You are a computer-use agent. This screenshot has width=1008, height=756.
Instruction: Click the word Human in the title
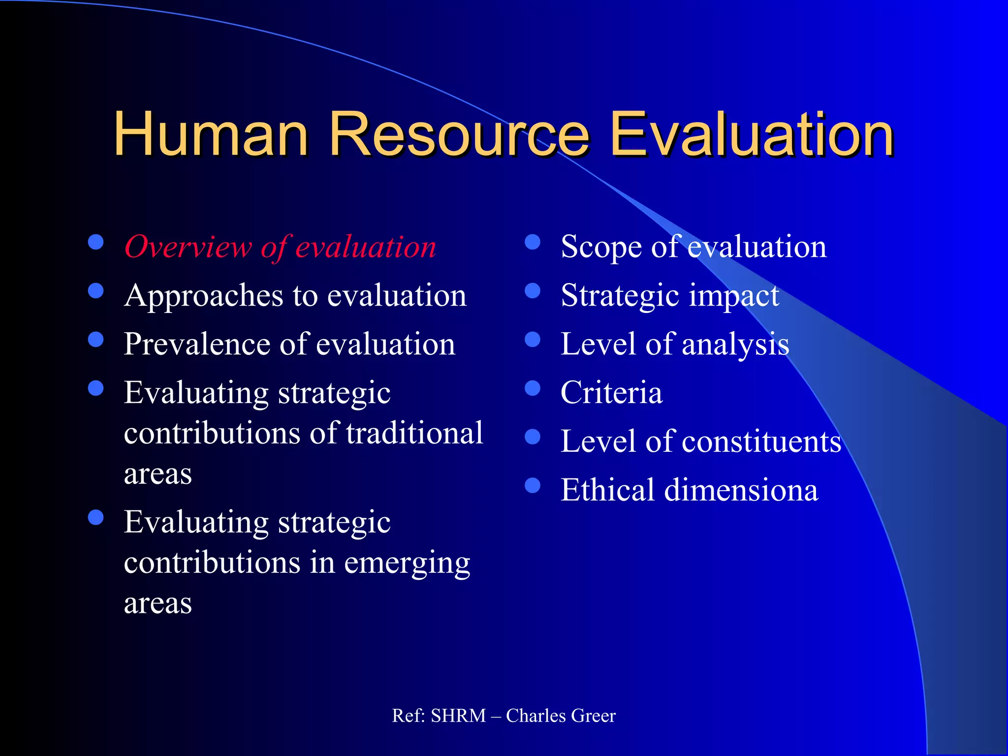click(211, 134)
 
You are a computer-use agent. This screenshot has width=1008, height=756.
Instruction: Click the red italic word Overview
click(188, 247)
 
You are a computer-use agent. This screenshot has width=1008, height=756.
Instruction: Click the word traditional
click(414, 433)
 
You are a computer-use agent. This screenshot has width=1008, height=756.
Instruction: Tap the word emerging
click(407, 563)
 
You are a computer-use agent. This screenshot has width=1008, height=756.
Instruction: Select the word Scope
click(601, 247)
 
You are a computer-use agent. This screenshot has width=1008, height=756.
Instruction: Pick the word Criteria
click(611, 392)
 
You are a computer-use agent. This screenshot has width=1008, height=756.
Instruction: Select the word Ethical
click(607, 490)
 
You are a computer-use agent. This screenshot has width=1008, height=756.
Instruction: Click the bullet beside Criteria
click(533, 388)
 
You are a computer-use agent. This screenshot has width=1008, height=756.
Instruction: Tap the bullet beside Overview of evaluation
click(95, 242)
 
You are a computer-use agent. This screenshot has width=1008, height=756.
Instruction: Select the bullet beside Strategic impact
click(533, 291)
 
